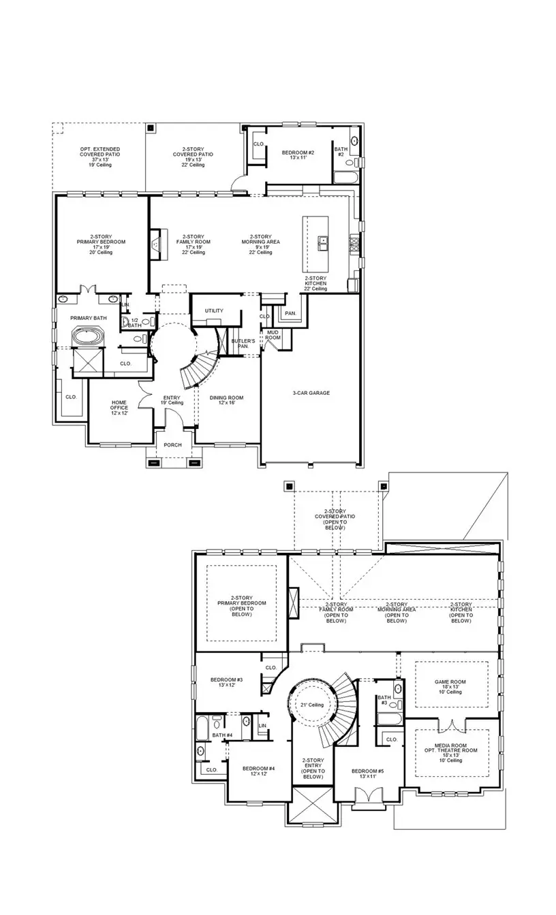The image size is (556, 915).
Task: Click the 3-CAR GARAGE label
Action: pyautogui.click(x=311, y=393)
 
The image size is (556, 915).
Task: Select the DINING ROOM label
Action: pyautogui.click(x=226, y=401)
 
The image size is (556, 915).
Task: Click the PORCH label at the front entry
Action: pyautogui.click(x=172, y=445)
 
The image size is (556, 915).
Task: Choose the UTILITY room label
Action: pyautogui.click(x=214, y=310)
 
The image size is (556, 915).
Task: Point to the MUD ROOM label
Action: pyautogui.click(x=273, y=335)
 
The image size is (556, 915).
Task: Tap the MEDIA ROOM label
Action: pyautogui.click(x=450, y=750)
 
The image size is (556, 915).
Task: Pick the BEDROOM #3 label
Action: pyautogui.click(x=226, y=682)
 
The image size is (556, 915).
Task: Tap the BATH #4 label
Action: pyautogui.click(x=222, y=735)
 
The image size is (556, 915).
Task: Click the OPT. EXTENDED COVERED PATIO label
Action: pyautogui.click(x=99, y=156)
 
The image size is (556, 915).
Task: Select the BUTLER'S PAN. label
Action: pyautogui.click(x=243, y=343)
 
